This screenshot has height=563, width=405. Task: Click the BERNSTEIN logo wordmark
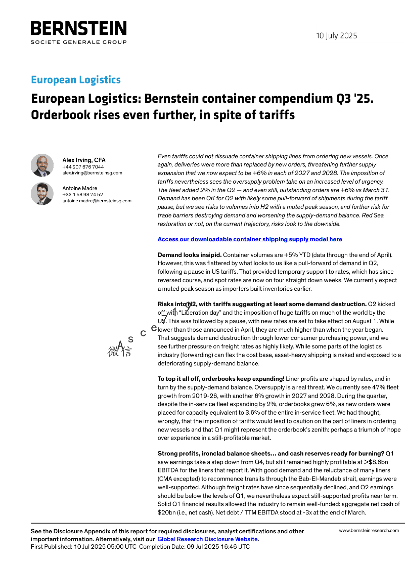coord(78,28)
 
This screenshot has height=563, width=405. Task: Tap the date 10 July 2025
coord(336,36)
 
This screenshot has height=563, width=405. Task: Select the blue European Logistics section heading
coord(76,80)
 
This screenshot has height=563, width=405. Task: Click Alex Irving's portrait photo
coord(42,165)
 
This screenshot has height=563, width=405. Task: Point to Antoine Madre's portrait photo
coord(42,194)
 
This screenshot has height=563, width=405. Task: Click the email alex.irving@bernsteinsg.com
coord(92,173)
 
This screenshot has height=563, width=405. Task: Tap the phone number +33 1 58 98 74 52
coord(82,194)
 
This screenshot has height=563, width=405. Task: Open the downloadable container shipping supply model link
coord(250,239)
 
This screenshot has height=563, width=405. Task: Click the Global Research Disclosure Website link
coord(207,539)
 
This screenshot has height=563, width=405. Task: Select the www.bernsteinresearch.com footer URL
coord(369,531)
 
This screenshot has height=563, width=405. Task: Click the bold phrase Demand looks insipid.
coord(190,255)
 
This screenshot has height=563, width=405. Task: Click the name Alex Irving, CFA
coord(84,160)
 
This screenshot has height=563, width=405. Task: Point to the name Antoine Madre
coord(80,188)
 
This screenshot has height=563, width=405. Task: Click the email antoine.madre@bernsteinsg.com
coord(97,201)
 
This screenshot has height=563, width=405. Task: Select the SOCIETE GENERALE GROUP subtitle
coord(78,42)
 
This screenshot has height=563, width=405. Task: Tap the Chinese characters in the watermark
coord(119,351)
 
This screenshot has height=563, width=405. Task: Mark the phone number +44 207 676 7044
coord(83,167)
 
